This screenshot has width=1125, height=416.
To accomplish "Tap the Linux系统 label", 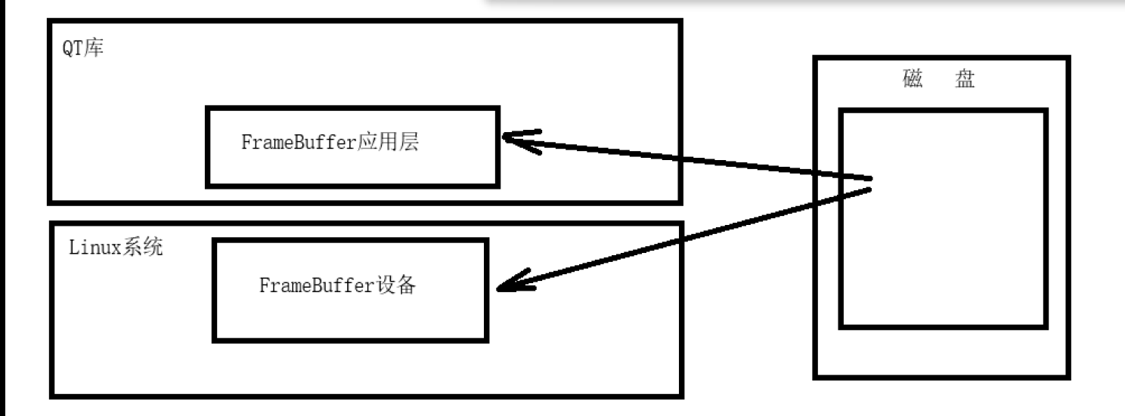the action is point(115,248).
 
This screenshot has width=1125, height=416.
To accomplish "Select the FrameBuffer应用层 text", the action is point(330,143).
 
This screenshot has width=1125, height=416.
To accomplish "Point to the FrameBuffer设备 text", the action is point(337,287).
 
